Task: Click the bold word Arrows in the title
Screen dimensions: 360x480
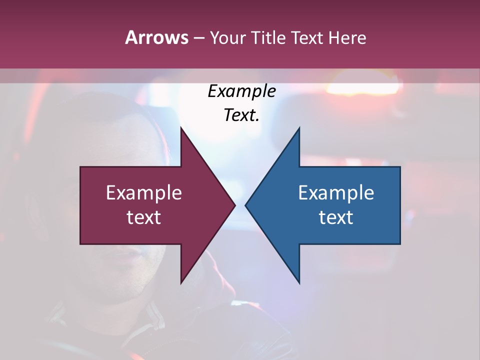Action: click(x=156, y=37)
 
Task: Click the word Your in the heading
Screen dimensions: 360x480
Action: click(x=228, y=37)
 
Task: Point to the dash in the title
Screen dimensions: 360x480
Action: click(x=198, y=38)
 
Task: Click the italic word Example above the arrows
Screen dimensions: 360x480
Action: click(x=241, y=91)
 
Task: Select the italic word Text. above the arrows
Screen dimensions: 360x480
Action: click(x=241, y=115)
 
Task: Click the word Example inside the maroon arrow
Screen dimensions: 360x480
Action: click(x=143, y=193)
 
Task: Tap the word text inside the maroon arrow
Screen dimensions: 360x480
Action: click(x=143, y=217)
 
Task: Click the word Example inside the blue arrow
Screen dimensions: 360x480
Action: click(x=336, y=193)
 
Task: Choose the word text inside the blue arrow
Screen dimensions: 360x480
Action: click(x=336, y=217)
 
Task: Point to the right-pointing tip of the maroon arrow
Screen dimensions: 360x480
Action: click(x=234, y=205)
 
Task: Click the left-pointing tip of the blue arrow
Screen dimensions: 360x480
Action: click(x=246, y=205)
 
